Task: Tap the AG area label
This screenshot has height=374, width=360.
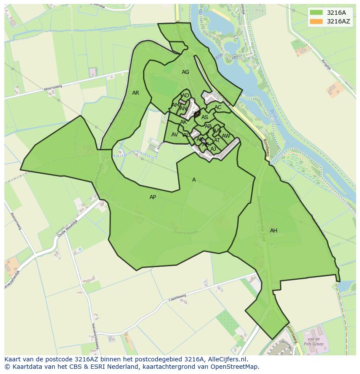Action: pos(186,72)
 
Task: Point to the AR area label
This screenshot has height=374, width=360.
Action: pos(136,93)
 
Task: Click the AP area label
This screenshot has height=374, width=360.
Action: pos(153,197)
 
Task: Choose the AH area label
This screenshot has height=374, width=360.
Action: pos(273,231)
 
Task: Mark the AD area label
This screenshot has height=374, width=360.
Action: pos(186,96)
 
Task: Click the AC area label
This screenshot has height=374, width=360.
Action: pos(218,107)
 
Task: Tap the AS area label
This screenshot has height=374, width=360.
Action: pos(205,117)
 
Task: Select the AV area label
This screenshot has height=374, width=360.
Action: pos(174,135)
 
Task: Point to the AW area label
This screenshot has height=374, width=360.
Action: pos(226,136)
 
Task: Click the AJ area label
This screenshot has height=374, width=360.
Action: pos(213,149)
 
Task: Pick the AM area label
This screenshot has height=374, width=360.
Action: pos(175,105)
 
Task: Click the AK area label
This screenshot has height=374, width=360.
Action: pos(183,122)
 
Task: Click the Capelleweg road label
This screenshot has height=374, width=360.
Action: pos(177,298)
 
